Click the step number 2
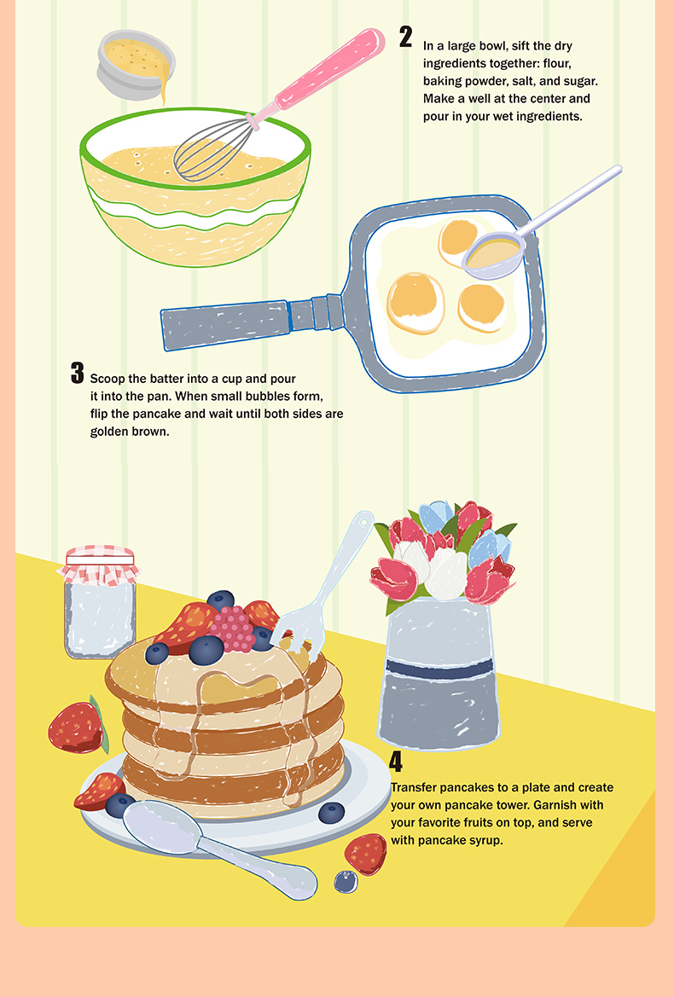pyautogui.click(x=405, y=37)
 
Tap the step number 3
pyautogui.click(x=77, y=374)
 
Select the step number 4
pyautogui.click(x=395, y=761)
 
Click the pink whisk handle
pyautogui.click(x=331, y=68)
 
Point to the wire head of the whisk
pyautogui.click(x=213, y=148)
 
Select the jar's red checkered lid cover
pyautogui.click(x=100, y=563)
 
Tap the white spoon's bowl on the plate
pyautogui.click(x=161, y=826)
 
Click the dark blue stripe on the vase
pyautogui.click(x=439, y=669)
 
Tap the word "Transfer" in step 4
pyautogui.click(x=413, y=787)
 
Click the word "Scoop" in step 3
pyautogui.click(x=107, y=379)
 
